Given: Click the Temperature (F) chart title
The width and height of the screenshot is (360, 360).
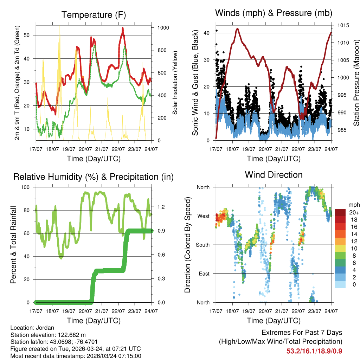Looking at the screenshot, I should click(x=94, y=15).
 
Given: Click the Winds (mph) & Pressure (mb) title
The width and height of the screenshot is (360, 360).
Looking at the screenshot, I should click(x=274, y=13).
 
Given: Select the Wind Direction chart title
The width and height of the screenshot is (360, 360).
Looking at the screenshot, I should click(x=274, y=174).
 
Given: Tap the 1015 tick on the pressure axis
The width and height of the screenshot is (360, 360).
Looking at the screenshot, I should click(x=343, y=25).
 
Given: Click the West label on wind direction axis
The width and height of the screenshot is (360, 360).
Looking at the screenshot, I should click(x=203, y=216).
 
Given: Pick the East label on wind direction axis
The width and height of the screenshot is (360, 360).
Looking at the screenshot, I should click(x=204, y=274).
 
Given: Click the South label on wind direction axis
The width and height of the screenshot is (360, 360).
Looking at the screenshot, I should click(x=202, y=245).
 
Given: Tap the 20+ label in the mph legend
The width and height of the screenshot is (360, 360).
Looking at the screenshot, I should click(x=354, y=212).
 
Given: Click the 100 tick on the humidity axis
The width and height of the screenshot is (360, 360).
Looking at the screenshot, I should click(x=29, y=187).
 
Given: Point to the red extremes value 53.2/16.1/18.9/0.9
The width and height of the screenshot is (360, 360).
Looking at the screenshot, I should click(x=314, y=351).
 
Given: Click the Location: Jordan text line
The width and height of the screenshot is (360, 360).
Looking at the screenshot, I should click(x=32, y=328).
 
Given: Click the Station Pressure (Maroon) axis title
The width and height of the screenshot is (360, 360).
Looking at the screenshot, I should click(x=356, y=83).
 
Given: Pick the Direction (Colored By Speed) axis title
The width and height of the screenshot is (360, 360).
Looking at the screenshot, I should click(x=188, y=245).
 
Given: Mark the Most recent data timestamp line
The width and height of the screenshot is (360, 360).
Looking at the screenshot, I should click(x=76, y=356).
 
